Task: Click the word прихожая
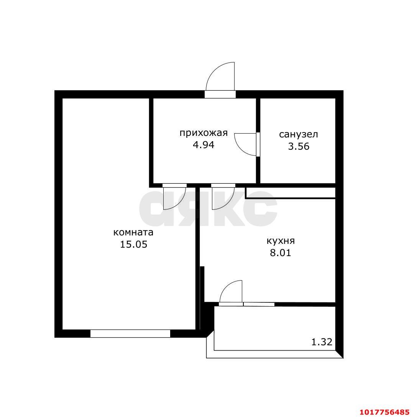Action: (x=204, y=133)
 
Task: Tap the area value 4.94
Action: (x=204, y=145)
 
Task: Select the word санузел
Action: (x=299, y=134)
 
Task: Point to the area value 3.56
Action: (x=299, y=146)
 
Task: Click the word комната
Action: (x=133, y=232)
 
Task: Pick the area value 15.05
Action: (x=133, y=244)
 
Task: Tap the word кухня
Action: (x=281, y=241)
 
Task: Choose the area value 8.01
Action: (x=281, y=253)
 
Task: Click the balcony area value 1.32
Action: (x=322, y=342)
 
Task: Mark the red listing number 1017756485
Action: (x=384, y=412)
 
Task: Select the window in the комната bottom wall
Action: (x=130, y=333)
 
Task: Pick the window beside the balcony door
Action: (x=259, y=304)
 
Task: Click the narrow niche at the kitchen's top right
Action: (x=291, y=193)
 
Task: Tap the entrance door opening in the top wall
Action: (x=220, y=95)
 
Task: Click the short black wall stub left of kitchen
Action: (x=202, y=284)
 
